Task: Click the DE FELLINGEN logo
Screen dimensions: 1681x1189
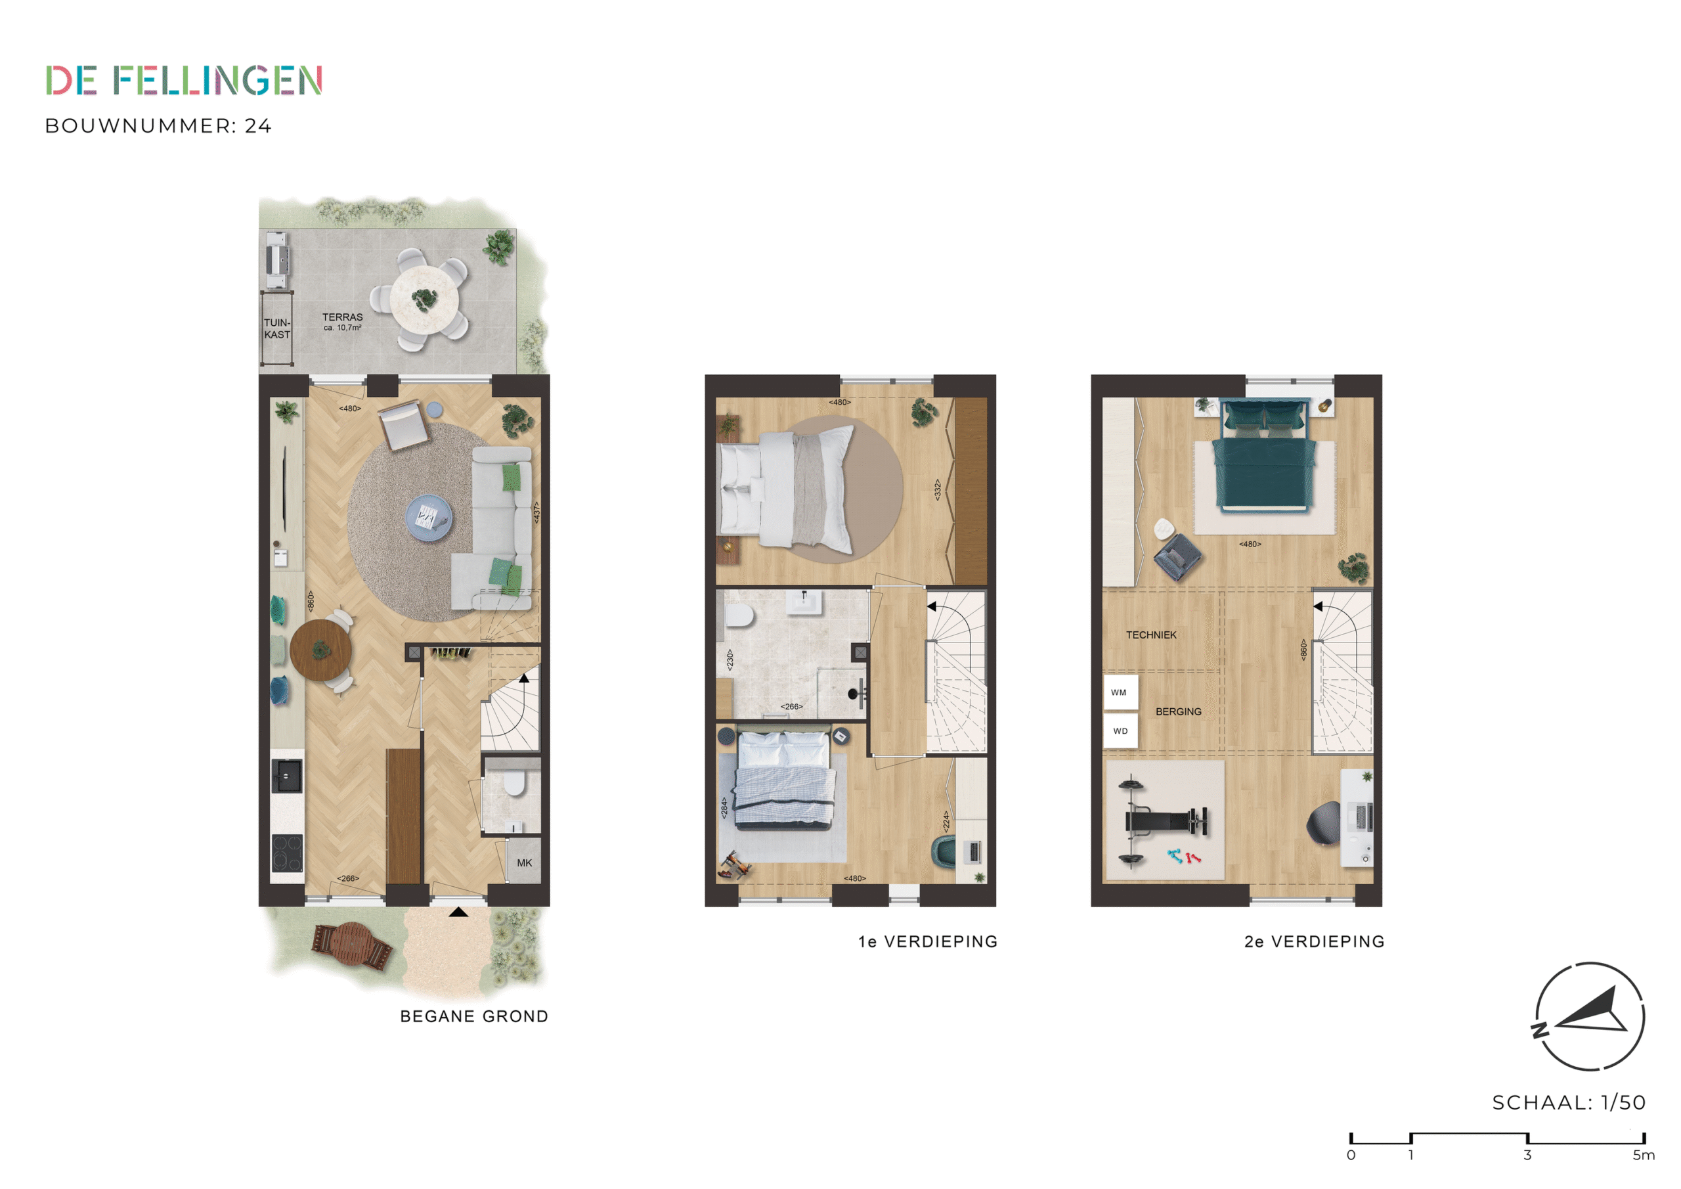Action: pos(184,81)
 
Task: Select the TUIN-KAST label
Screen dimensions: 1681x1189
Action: pos(278,328)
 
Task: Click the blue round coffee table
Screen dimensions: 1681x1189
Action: pos(429,518)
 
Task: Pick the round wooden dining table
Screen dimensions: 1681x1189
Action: pos(320,650)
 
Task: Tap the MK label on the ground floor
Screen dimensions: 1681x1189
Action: pos(524,863)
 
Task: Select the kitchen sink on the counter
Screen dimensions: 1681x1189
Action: pos(286,776)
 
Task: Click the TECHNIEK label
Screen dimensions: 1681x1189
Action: pos(1151,635)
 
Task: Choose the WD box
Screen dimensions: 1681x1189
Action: pos(1120,731)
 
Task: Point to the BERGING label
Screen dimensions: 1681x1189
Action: pos(1178,711)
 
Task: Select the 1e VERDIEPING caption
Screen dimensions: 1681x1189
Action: pos(928,941)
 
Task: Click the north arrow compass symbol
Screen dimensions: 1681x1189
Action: pos(1590,1016)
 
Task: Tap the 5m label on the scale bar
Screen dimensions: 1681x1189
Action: pos(1644,1155)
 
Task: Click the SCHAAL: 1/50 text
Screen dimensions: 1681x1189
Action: pos(1569,1102)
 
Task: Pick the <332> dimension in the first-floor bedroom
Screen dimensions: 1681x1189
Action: pos(937,489)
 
